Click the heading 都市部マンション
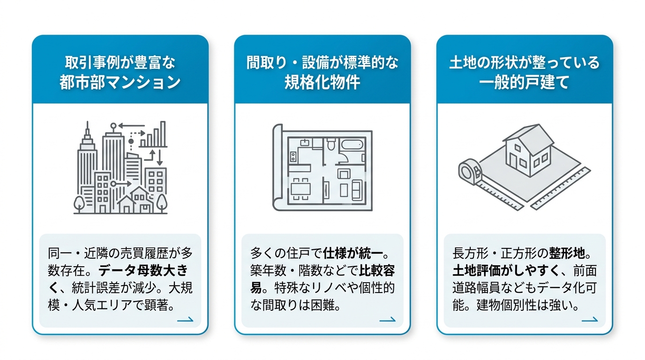[120, 82]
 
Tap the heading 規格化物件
[322, 82]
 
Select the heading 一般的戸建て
[525, 82]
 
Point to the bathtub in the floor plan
[352, 144]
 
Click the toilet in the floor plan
[331, 144]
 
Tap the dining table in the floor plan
[300, 189]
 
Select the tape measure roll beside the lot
[470, 172]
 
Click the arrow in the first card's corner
[185, 319]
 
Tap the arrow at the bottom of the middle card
[387, 319]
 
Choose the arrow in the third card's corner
[590, 319]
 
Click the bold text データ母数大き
[143, 270]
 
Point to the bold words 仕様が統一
[352, 253]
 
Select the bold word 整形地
[567, 253]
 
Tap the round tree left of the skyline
[79, 204]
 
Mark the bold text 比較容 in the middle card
[377, 270]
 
